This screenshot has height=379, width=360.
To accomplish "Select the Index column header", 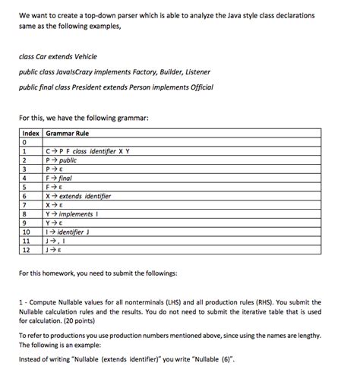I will [x=31, y=133].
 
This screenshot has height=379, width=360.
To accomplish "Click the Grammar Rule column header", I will [x=69, y=133].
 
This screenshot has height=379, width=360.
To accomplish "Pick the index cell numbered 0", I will [x=26, y=142].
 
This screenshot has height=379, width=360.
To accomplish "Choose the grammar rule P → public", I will [x=62, y=160].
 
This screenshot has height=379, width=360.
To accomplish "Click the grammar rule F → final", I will [x=59, y=178].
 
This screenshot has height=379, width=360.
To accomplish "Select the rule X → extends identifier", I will [x=79, y=196].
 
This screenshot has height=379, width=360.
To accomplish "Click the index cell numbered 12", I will [x=27, y=249].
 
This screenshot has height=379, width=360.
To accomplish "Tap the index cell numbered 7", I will [x=26, y=205].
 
